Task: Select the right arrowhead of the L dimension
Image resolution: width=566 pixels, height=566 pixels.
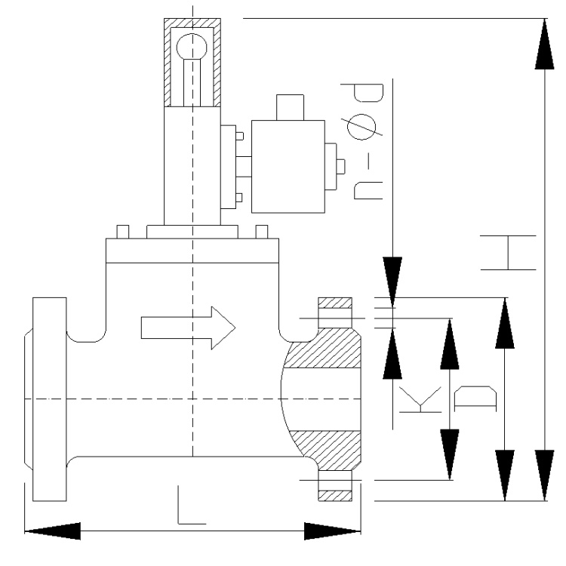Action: (x=332, y=531)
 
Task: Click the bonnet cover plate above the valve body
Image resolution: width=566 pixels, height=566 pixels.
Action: (x=193, y=250)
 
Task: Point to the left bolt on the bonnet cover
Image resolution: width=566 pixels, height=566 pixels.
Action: (x=123, y=231)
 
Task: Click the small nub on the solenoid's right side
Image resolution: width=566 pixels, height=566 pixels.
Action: (x=340, y=165)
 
